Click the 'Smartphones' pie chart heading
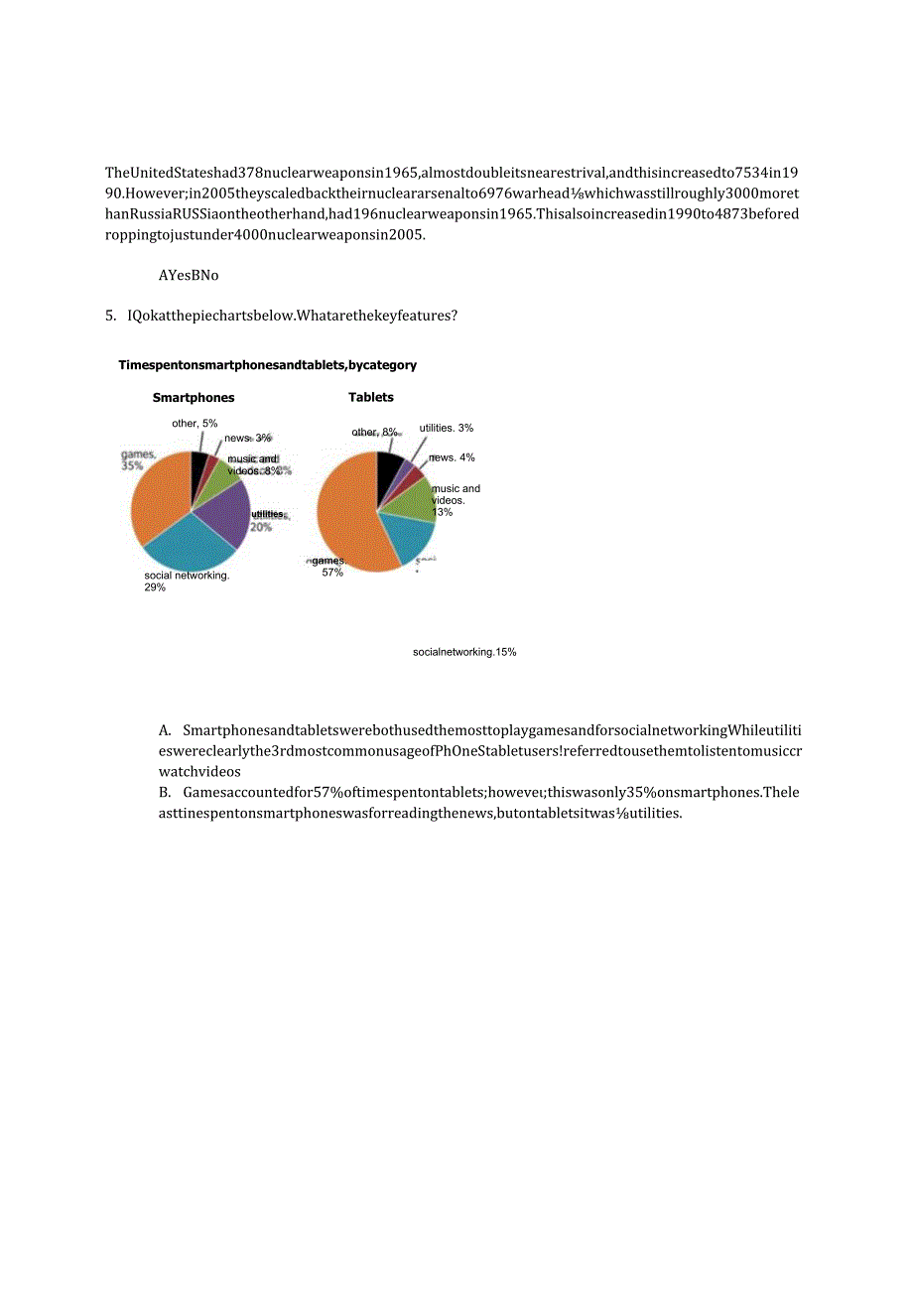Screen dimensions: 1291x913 [194, 397]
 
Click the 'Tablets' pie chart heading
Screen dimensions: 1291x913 [371, 397]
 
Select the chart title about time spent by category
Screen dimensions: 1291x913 [267, 365]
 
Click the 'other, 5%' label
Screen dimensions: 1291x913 [195, 423]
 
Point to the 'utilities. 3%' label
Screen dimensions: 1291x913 [446, 428]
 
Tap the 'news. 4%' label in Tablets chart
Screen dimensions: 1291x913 [452, 457]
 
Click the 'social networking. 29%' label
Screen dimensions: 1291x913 [187, 581]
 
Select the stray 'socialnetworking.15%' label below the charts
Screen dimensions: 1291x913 [464, 652]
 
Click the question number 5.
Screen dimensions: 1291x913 [110, 316]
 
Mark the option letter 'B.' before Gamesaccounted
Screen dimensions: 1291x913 [165, 792]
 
